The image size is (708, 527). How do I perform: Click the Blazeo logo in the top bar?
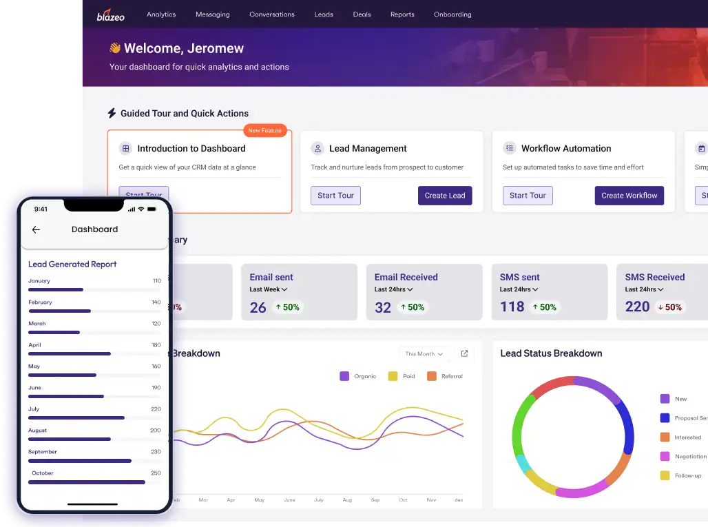[110, 14]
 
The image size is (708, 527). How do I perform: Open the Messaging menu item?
[212, 14]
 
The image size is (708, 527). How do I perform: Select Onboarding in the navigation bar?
[452, 14]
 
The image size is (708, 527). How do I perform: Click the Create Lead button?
[444, 196]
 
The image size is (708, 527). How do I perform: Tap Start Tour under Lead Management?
[335, 196]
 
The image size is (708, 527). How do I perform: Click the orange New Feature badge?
[264, 130]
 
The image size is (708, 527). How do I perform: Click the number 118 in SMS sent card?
[512, 307]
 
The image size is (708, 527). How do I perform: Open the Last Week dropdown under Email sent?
[269, 289]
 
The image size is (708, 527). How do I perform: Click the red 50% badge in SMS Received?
[669, 307]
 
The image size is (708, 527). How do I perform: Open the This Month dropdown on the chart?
[424, 354]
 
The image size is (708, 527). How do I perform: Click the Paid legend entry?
[402, 376]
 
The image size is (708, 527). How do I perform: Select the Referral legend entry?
[446, 376]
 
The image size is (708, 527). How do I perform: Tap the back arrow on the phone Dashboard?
[37, 230]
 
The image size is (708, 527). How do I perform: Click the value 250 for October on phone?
[156, 473]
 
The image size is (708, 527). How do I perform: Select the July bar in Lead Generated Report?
[76, 417]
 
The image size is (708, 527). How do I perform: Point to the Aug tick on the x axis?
[347, 499]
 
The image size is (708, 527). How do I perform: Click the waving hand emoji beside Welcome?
[115, 48]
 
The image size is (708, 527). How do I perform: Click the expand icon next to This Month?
[464, 353]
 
